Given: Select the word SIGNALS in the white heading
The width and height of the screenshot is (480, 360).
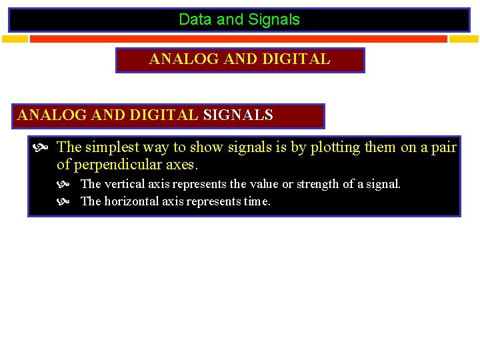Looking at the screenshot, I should click(x=238, y=115).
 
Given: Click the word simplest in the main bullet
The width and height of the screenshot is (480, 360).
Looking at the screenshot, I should click(x=112, y=147).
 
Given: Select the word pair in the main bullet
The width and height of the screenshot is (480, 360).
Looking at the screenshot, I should click(x=443, y=147).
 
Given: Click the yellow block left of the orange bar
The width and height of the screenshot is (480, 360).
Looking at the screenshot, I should click(x=15, y=39).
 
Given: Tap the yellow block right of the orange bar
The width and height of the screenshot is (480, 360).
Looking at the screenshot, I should click(x=464, y=39).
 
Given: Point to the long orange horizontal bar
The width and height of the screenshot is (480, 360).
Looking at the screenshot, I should click(x=238, y=39).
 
